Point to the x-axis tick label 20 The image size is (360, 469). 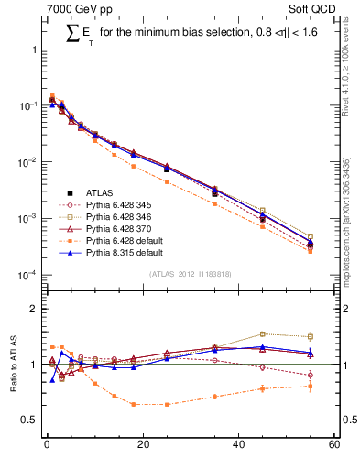(x=142, y=445)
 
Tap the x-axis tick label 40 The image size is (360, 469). (x=238, y=445)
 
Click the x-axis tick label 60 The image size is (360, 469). (x=333, y=445)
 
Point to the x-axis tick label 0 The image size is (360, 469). (x=46, y=445)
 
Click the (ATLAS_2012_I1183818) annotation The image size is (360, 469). (x=190, y=274)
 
